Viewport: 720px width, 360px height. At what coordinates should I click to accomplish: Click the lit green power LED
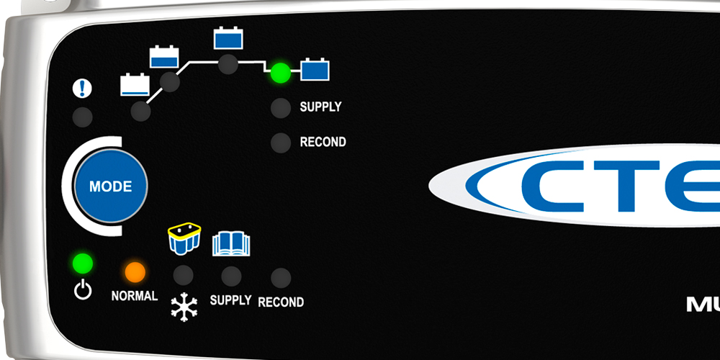tap(83, 263)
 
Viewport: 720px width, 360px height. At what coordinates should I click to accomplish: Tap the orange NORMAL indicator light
tap(135, 271)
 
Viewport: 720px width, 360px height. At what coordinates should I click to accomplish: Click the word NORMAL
tap(135, 296)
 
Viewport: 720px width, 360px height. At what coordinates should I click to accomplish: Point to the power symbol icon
tap(84, 291)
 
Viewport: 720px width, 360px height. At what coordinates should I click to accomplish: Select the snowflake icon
tap(184, 306)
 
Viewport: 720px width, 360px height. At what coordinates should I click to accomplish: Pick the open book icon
tap(230, 243)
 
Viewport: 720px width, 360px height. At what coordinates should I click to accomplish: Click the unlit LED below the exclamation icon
tap(83, 117)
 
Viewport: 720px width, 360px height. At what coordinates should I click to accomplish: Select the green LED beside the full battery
tap(279, 72)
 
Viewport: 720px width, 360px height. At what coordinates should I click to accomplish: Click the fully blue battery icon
tap(315, 69)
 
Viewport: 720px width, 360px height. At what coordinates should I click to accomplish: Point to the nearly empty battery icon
tap(135, 85)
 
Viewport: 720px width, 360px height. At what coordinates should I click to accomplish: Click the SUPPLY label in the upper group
tap(320, 107)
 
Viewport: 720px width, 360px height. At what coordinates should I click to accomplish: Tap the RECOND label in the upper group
tap(323, 142)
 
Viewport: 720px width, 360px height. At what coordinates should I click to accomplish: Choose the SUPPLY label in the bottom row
tap(230, 300)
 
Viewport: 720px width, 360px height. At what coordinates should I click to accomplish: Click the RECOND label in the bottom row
tap(281, 302)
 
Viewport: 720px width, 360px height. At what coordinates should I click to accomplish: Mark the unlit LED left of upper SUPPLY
tap(280, 109)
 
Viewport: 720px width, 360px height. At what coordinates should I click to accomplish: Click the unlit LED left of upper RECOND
tap(280, 143)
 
